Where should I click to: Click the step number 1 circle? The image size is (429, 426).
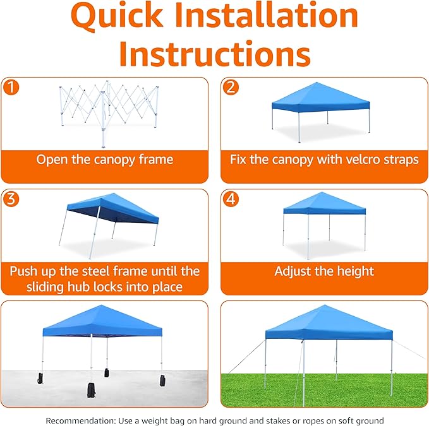(x=11, y=87)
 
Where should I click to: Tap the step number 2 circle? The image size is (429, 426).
(x=231, y=87)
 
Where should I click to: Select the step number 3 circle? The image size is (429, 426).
(x=11, y=199)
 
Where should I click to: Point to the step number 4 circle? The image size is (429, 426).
(x=231, y=199)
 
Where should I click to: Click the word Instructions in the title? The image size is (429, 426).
(x=215, y=55)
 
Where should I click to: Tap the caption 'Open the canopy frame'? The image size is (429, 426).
(x=104, y=160)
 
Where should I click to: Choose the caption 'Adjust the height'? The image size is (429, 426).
(x=324, y=271)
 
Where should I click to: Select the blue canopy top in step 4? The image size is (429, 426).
(x=324, y=204)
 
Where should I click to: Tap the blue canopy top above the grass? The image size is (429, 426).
(x=328, y=322)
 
